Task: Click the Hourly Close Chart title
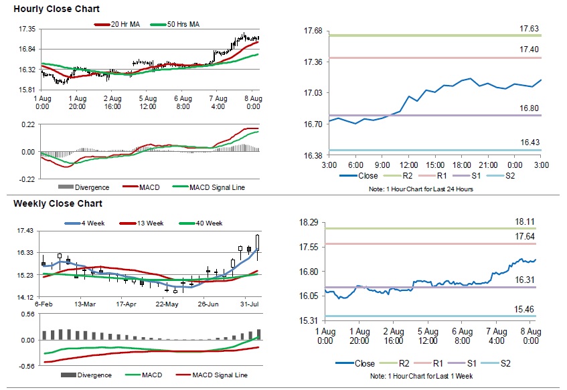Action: [x=56, y=9]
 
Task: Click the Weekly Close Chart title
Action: [x=58, y=203]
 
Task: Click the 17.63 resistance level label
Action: [x=530, y=28]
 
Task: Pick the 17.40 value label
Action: [x=530, y=50]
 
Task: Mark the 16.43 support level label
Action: [x=530, y=142]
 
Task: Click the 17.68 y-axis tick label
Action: [x=313, y=31]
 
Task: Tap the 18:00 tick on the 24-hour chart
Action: [x=461, y=165]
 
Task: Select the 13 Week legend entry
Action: [x=145, y=223]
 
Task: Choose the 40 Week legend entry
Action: [x=203, y=223]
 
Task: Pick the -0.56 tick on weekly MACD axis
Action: [x=27, y=366]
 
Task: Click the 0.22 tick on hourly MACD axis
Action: [x=27, y=124]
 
